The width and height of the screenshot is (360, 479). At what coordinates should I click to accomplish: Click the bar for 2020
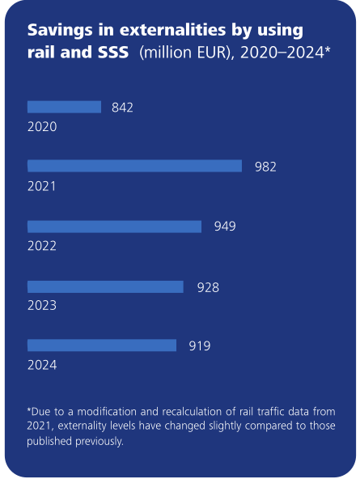tap(64, 107)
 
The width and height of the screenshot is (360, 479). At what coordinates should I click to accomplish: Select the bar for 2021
tap(134, 166)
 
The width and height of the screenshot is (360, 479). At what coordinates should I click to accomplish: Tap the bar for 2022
tap(114, 227)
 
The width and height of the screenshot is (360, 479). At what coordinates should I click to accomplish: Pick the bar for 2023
tap(105, 286)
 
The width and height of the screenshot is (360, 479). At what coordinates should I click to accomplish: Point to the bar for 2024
tap(102, 345)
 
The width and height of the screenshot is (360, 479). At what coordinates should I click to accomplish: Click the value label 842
tap(122, 107)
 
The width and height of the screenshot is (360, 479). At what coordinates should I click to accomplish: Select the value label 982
tap(265, 167)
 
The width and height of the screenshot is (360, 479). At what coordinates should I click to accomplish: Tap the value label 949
tap(224, 227)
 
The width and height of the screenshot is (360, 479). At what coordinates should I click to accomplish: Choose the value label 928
tap(208, 286)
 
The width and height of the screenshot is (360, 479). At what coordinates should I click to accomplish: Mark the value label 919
tap(200, 346)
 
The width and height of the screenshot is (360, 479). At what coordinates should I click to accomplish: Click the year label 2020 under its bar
tap(42, 127)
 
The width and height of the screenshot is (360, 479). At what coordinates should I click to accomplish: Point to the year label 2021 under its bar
tap(42, 187)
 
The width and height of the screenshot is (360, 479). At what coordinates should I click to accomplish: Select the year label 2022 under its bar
tap(42, 247)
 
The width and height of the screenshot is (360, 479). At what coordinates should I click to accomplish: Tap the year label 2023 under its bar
tap(42, 306)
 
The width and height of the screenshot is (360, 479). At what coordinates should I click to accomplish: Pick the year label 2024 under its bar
tap(42, 366)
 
